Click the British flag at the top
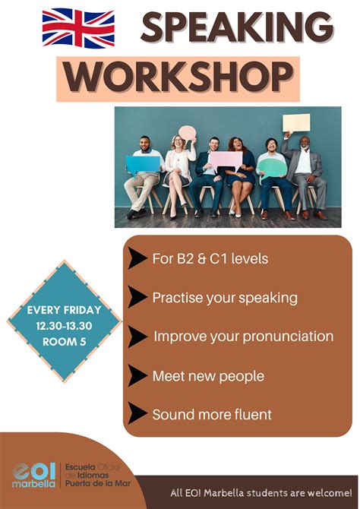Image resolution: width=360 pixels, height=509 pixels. pos(78,28)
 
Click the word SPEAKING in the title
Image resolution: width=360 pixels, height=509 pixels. pos(237,27)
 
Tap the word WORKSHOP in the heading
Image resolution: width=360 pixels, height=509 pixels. pos(178,77)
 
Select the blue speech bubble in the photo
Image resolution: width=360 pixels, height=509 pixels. pos(143,164)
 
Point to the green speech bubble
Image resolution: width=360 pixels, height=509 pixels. pos(273,168)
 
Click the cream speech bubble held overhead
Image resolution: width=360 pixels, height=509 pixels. pos(296,123)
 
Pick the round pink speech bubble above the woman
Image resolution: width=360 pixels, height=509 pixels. pos(188,133)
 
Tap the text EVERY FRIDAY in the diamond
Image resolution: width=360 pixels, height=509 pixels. pos(65,310)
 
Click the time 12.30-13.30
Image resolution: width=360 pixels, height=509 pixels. pos(65,326)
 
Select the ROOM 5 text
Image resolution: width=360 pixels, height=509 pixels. pos(65,342)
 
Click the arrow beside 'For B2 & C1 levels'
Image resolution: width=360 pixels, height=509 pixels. pos(137,258)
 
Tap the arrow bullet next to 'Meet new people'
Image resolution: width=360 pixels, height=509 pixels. pos(137,375)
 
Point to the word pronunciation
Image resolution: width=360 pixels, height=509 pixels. pos(289,337)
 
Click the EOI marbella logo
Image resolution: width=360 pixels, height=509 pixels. pos(33,475)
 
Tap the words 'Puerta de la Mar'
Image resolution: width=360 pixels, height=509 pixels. pos(98,483)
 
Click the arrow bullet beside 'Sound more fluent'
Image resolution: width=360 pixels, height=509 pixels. pos(137,413)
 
